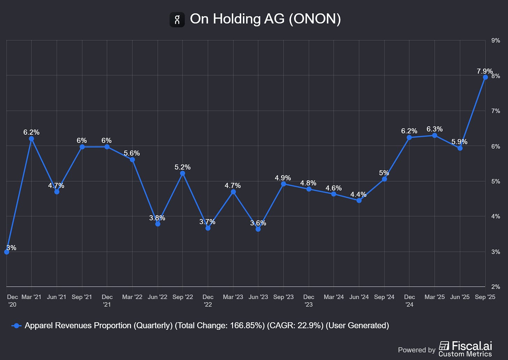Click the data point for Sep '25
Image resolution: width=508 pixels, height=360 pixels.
click(x=485, y=77)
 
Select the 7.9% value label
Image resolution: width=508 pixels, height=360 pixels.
click(x=485, y=72)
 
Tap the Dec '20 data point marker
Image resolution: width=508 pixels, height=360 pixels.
click(x=7, y=252)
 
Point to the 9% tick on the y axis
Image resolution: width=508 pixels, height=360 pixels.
click(x=495, y=41)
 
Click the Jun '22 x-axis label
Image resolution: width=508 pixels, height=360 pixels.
click(x=157, y=297)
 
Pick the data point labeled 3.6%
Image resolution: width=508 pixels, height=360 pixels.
click(x=258, y=229)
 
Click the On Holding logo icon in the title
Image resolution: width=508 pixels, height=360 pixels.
click(x=177, y=19)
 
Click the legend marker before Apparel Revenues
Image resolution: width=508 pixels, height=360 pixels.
click(x=16, y=326)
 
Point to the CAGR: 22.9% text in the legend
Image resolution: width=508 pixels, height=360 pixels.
click(x=295, y=325)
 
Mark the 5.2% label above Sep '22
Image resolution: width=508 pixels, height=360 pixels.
click(x=182, y=167)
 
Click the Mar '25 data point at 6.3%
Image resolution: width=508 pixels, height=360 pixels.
click(x=435, y=135)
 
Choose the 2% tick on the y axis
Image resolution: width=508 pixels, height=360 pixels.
click(x=495, y=287)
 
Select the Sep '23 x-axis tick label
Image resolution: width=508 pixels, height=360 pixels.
click(x=283, y=297)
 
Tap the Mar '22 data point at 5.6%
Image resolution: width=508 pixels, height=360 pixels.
click(x=132, y=160)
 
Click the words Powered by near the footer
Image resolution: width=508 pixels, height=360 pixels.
click(x=417, y=350)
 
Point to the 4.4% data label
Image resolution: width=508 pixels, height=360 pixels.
click(x=358, y=195)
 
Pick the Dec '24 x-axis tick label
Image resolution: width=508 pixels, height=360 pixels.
click(x=409, y=300)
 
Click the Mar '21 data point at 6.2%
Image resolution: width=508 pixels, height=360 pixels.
click(x=31, y=139)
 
